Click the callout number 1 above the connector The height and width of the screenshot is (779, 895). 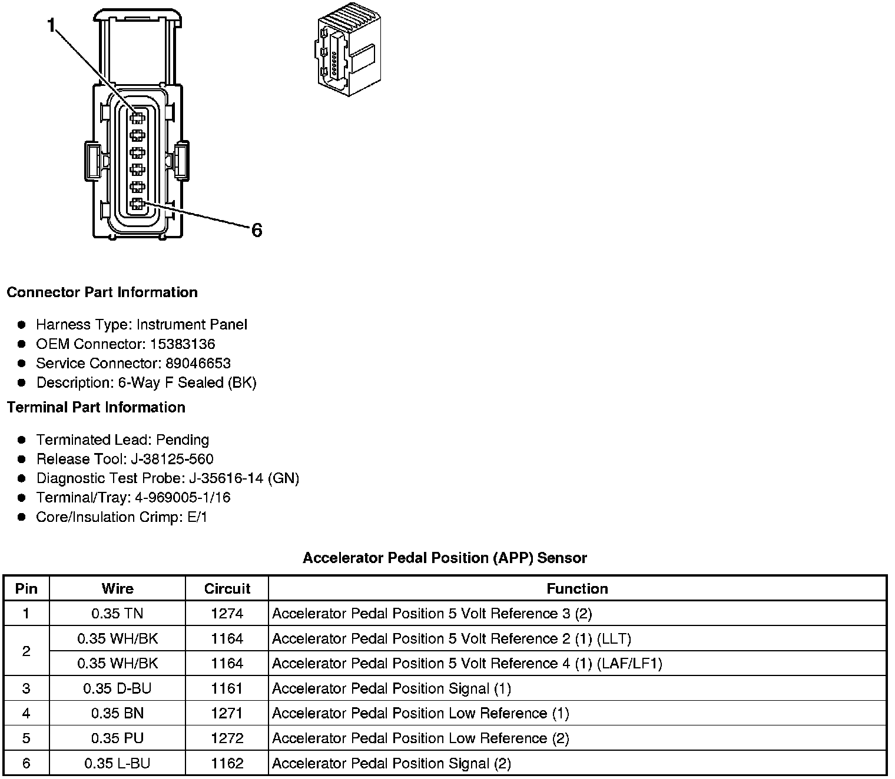[52, 25]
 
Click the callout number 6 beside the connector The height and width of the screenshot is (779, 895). [256, 230]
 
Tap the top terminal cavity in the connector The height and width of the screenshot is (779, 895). [137, 118]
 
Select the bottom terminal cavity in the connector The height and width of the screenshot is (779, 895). [137, 205]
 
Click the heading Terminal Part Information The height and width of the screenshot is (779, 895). [96, 407]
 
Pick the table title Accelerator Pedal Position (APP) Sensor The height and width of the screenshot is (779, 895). [445, 558]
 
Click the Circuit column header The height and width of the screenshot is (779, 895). [227, 588]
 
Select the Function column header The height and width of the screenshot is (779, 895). [577, 588]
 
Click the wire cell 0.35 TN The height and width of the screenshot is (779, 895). [117, 614]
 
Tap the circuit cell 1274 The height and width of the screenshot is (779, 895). [227, 614]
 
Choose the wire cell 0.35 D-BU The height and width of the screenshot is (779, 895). [117, 688]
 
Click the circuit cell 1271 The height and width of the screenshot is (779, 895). [227, 713]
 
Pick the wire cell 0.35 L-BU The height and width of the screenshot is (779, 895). [117, 763]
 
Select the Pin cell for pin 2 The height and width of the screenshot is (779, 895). [26, 651]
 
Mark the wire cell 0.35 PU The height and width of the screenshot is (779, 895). [117, 738]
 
